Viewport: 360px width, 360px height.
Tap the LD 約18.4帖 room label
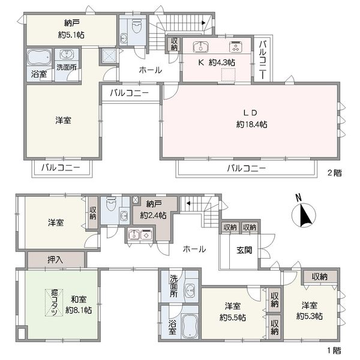pos(251,119)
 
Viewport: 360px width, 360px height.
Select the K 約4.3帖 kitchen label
pos(217,62)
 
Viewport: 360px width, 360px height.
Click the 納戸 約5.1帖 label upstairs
pos(71,29)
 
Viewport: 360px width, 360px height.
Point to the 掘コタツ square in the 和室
pos(54,302)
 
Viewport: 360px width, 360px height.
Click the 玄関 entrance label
pos(244,250)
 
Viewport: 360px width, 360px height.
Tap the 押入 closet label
pos(55,260)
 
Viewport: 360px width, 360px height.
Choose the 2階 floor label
pos(335,173)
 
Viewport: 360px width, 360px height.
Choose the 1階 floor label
pos(334,350)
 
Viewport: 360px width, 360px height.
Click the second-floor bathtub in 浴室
pos(39,57)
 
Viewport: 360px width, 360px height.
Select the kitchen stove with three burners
pos(236,47)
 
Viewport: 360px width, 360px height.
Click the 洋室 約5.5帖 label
pos(233,312)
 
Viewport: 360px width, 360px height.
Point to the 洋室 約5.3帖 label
pos(310,311)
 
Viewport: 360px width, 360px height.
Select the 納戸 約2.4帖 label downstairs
pos(154,209)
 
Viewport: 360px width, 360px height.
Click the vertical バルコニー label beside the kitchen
pos(263,59)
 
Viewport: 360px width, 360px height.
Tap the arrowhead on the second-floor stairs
pos(203,23)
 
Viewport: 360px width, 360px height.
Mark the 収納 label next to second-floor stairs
pos(174,44)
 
